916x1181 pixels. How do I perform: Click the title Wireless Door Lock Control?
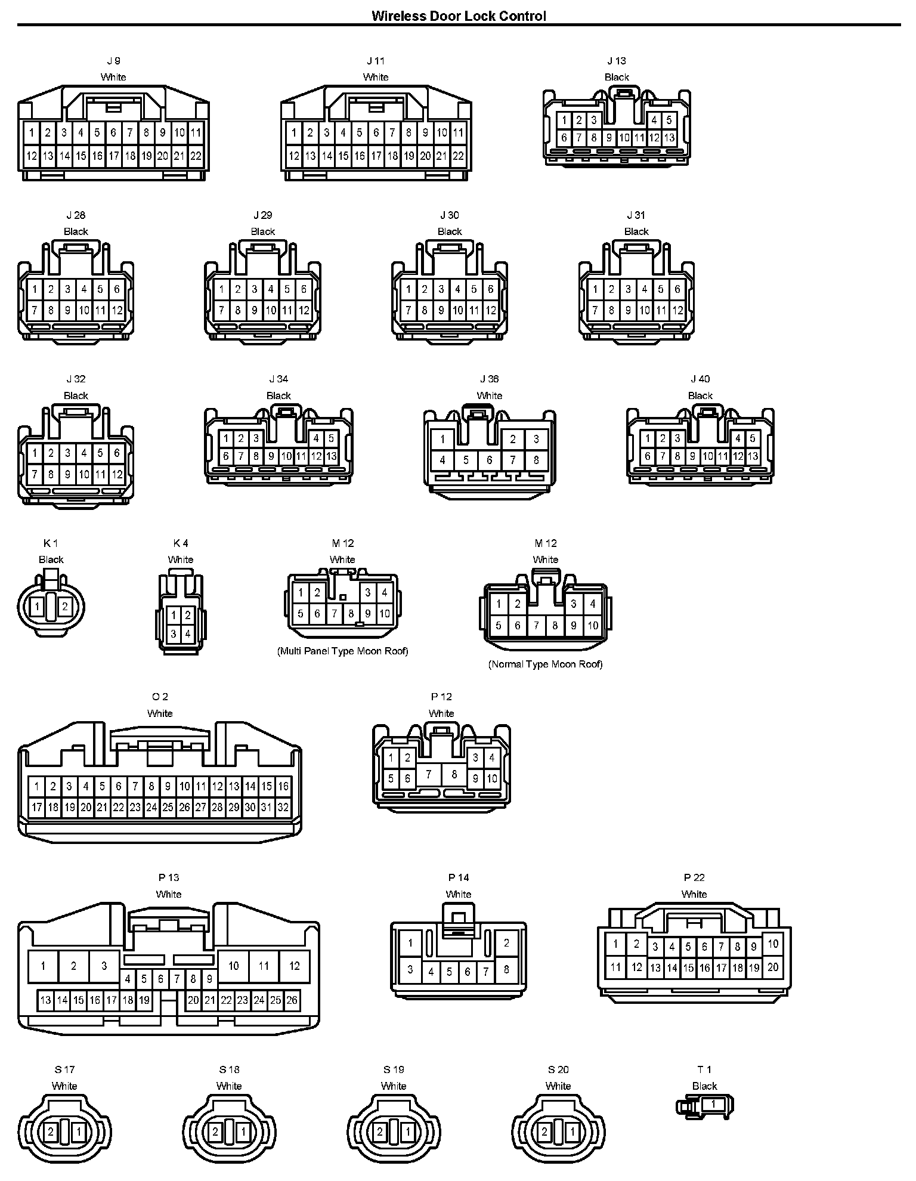tap(458, 16)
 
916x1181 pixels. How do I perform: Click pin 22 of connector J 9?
tap(196, 156)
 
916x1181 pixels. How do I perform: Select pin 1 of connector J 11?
tap(293, 132)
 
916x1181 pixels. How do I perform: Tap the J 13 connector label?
tap(617, 61)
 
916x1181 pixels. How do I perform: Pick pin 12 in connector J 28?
tap(117, 310)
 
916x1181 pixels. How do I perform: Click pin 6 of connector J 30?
tap(490, 289)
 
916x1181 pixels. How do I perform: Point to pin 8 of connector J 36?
tap(536, 460)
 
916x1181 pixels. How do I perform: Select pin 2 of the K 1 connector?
tap(64, 607)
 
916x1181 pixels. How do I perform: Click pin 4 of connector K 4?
tap(187, 633)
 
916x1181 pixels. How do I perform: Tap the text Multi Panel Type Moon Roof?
tap(342, 651)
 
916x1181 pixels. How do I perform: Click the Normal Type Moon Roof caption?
tap(545, 664)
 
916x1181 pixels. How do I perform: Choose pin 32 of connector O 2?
tap(283, 808)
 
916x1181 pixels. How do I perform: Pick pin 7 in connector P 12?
tap(429, 774)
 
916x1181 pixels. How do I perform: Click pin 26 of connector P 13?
tap(292, 1000)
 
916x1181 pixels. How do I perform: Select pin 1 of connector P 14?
tap(410, 943)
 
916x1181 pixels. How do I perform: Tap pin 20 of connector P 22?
tap(773, 967)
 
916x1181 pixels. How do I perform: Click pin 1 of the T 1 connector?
tap(713, 1104)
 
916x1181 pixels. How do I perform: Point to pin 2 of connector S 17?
tap(51, 1131)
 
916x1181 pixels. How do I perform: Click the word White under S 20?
tap(558, 1086)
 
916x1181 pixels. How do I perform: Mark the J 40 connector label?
tap(700, 379)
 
